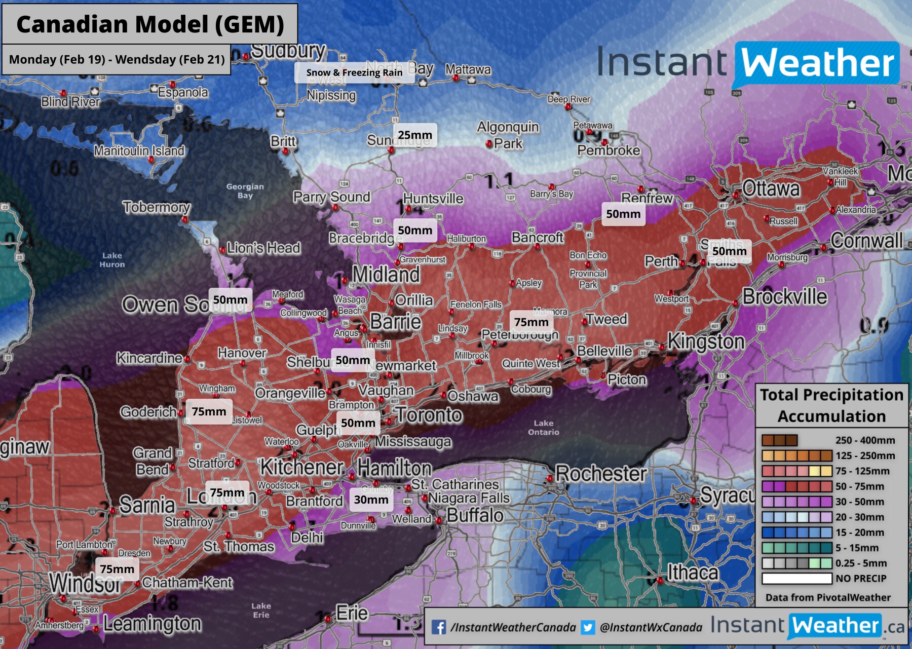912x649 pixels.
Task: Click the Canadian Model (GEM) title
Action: (150, 24)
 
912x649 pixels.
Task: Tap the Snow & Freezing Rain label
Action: (354, 72)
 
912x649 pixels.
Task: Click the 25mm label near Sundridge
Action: (415, 135)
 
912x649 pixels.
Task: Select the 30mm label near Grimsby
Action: (371, 500)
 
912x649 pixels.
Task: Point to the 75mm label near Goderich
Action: (209, 411)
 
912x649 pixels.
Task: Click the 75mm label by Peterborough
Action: (531, 322)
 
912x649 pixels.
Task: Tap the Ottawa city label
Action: (771, 188)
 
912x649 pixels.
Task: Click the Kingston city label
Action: (706, 341)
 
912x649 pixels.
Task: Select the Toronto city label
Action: (429, 415)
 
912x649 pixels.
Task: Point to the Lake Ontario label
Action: (543, 427)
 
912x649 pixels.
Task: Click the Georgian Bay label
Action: (245, 190)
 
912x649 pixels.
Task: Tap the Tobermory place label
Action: (157, 207)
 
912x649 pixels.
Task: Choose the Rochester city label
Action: (601, 474)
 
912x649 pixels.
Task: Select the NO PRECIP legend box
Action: (796, 578)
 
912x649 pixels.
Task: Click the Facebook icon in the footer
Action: (439, 627)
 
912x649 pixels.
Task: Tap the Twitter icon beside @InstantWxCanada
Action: (588, 627)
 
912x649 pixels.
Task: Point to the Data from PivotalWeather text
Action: (828, 597)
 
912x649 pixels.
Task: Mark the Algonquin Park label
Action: (508, 135)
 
